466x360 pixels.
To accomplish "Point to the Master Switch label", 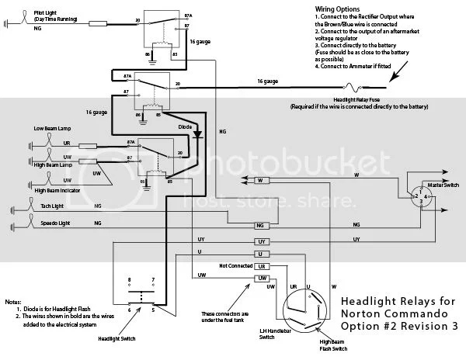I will [x=440, y=185].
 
